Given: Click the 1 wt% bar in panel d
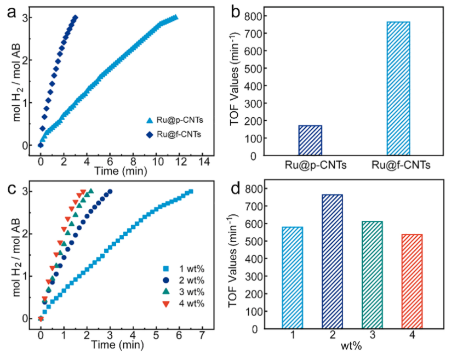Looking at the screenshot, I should point(293,278).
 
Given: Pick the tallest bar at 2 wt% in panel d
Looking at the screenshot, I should point(331,261).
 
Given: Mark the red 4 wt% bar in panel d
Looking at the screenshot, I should point(410,282).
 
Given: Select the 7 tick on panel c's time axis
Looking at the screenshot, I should point(202,334).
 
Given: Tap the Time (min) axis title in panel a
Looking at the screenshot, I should point(122,171).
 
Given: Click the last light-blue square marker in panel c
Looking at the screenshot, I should point(191,191).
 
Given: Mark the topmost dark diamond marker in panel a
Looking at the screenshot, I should point(76,18).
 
